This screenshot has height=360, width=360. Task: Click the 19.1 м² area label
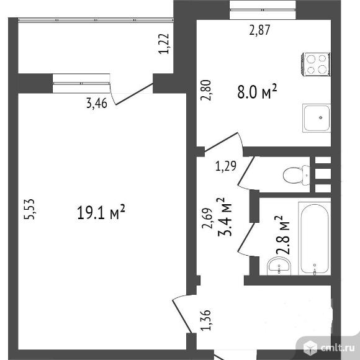tap(101, 212)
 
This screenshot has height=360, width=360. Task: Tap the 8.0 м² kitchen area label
tap(257, 91)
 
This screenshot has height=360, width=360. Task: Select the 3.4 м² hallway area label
tap(225, 217)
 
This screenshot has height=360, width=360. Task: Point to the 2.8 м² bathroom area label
tap(282, 235)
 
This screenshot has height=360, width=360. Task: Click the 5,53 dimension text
tap(29, 209)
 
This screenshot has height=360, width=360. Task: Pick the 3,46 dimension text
tap(97, 103)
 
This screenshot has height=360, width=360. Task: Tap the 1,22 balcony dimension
tap(164, 43)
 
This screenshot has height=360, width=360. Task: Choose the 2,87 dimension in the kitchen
tap(259, 30)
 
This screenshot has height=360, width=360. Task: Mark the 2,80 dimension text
tap(205, 90)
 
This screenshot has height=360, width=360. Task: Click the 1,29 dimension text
tap(226, 166)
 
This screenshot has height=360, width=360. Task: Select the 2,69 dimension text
tap(207, 218)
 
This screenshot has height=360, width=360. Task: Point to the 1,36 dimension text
tap(205, 320)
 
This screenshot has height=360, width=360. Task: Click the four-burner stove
tap(315, 65)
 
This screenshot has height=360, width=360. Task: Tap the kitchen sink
tap(317, 118)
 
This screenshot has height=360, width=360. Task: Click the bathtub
tap(315, 238)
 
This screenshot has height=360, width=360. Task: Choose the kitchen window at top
tap(263, 10)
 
